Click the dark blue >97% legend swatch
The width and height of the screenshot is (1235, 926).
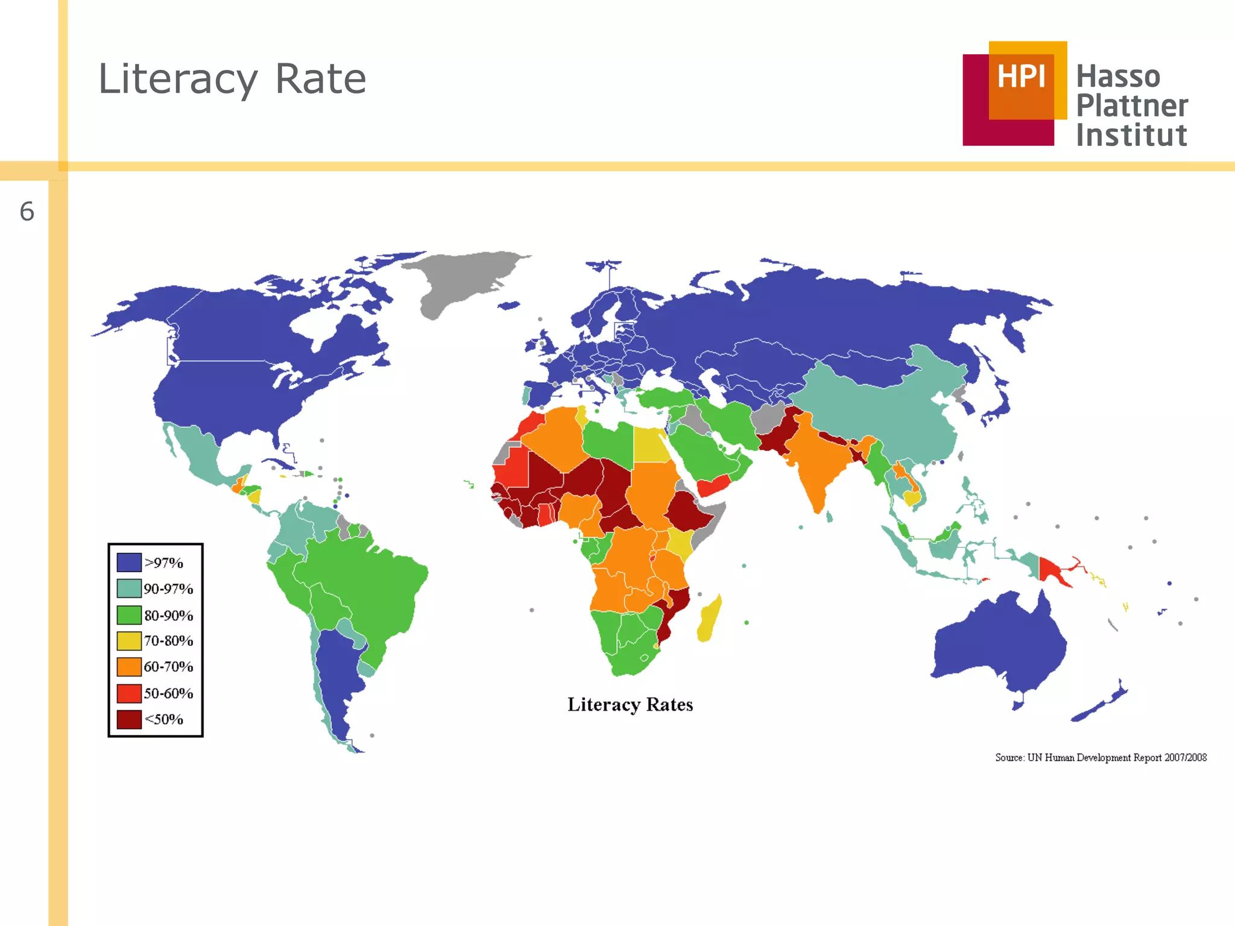pyautogui.click(x=129, y=562)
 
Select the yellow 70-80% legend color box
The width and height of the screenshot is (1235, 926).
pyautogui.click(x=129, y=640)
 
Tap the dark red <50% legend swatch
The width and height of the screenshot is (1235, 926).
pyautogui.click(x=129, y=719)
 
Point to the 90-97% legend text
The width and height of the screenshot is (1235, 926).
pyautogui.click(x=168, y=589)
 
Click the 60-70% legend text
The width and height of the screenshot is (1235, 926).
pyautogui.click(x=168, y=667)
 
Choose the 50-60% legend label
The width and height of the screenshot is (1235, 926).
pyautogui.click(x=168, y=693)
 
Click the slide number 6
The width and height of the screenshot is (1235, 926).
pyautogui.click(x=27, y=212)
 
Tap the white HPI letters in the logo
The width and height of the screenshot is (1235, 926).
pyautogui.click(x=1021, y=77)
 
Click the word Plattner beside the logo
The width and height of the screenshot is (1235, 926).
pyautogui.click(x=1132, y=106)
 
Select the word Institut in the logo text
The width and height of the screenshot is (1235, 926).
pyautogui.click(x=1131, y=135)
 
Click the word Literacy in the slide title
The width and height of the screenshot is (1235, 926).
pyautogui.click(x=178, y=80)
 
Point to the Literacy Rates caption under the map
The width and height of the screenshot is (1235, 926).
pyautogui.click(x=630, y=705)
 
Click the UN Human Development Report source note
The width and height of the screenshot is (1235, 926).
pyautogui.click(x=1101, y=758)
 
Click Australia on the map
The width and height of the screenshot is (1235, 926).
pyautogui.click(x=1001, y=645)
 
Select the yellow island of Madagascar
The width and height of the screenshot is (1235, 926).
pyautogui.click(x=710, y=618)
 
